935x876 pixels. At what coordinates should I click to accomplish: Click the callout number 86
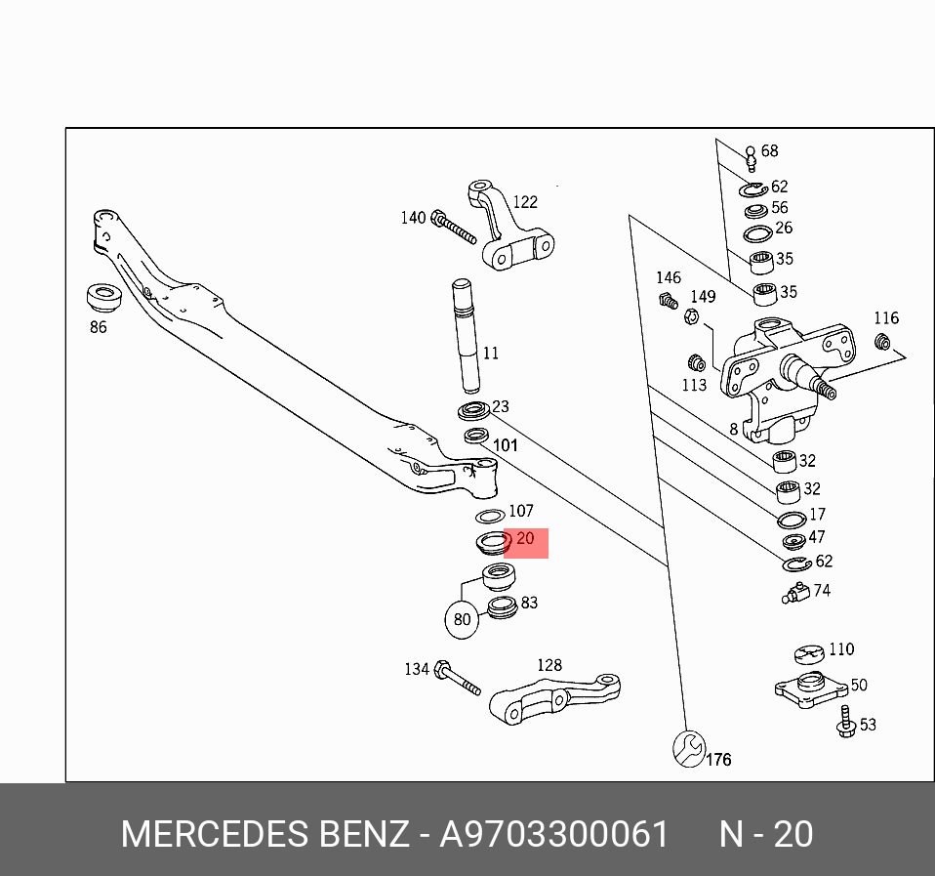point(98,327)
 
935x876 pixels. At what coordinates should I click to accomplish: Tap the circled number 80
point(462,619)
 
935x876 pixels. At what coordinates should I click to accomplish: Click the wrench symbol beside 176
point(688,749)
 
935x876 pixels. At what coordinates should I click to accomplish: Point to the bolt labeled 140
point(453,227)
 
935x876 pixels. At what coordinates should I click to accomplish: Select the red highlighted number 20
point(525,539)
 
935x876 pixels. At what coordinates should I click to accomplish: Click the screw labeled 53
point(845,723)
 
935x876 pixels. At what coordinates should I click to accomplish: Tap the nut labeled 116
point(880,341)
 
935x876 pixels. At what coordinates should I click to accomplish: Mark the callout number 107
point(521,511)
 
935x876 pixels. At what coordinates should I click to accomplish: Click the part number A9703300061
point(554,835)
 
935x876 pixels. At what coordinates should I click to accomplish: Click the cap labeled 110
point(809,654)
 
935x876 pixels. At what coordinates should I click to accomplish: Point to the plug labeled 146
point(668,301)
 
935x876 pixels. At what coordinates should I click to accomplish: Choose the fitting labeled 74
point(796,592)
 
